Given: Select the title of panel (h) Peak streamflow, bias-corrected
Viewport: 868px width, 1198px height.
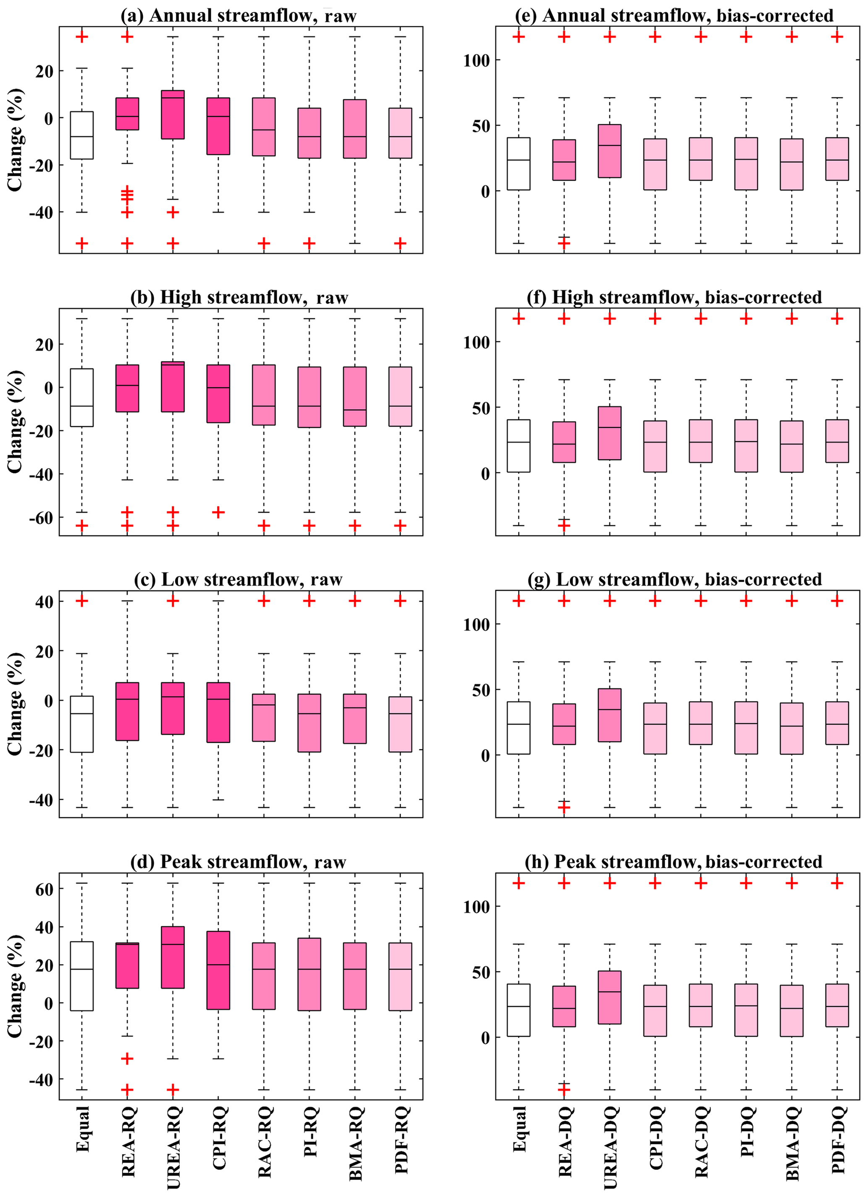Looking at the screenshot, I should point(673,862).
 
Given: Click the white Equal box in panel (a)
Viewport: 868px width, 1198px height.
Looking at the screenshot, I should point(82,135).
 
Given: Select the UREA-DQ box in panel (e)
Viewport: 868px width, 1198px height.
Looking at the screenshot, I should point(610,151).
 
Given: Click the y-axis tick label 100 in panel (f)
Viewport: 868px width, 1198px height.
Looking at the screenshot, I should point(477,343).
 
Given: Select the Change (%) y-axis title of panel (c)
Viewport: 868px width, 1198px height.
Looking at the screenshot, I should point(15,704).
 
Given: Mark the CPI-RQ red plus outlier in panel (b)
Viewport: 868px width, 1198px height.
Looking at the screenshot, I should point(218,512).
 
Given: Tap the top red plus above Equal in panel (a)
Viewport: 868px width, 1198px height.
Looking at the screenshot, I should point(82,37).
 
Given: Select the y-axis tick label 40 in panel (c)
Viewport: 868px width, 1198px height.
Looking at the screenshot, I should point(45,602).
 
